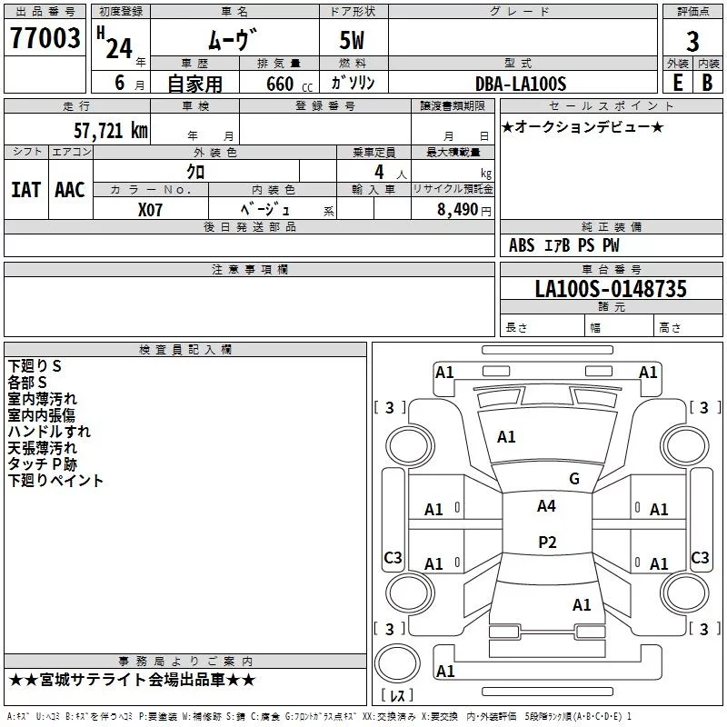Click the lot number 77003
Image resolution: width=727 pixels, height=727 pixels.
point(45,38)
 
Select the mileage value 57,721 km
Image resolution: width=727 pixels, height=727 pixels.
point(111,131)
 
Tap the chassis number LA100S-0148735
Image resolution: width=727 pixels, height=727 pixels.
point(611,288)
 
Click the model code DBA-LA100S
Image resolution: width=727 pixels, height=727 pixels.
point(521,84)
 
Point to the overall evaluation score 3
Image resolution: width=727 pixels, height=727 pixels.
point(692,42)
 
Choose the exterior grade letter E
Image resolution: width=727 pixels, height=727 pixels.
point(677,83)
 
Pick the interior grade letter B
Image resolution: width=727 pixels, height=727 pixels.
point(707,83)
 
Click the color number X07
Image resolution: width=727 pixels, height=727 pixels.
point(150,210)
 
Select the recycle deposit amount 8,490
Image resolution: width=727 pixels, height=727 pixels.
point(457,210)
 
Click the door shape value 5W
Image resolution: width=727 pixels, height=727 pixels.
point(352,40)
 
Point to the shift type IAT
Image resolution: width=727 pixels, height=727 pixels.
point(25,190)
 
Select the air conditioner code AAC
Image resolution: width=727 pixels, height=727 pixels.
point(70,190)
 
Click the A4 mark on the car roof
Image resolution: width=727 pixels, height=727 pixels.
point(546,506)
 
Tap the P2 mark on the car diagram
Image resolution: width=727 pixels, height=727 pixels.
point(547,542)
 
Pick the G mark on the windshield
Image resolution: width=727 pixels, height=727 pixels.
point(574,479)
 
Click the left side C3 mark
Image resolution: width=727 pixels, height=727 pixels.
point(393,557)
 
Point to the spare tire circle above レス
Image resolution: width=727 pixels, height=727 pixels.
point(397,662)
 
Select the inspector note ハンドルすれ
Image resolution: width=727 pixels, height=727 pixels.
point(49,432)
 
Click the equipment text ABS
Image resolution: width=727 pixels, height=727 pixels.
point(522,245)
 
